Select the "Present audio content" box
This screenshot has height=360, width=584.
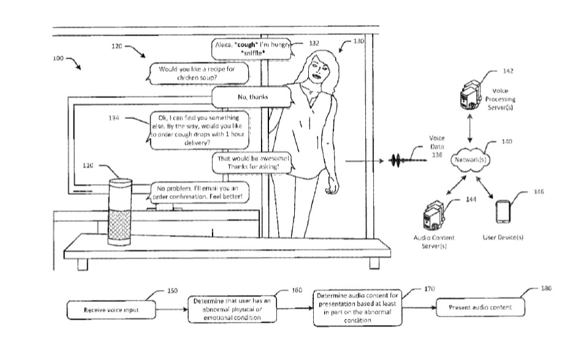click(x=480, y=307)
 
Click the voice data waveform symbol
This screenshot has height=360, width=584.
click(x=404, y=162)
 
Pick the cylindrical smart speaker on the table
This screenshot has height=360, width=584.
click(x=120, y=212)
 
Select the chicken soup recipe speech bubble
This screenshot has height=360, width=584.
click(x=200, y=74)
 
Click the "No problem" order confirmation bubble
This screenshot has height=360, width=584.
click(x=200, y=192)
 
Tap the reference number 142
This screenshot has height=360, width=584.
click(x=507, y=71)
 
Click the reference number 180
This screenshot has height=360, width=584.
click(x=547, y=288)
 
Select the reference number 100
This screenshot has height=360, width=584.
click(x=58, y=59)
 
